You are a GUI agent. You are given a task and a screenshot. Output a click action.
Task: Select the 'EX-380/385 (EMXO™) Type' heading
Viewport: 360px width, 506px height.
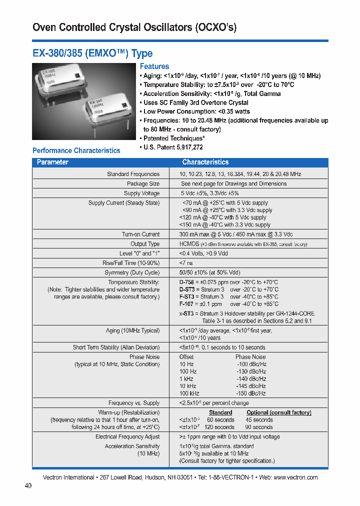92,53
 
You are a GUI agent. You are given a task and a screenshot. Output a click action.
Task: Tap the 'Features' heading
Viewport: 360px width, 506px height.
154,66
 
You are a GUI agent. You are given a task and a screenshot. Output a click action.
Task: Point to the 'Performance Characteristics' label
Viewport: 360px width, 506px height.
76,150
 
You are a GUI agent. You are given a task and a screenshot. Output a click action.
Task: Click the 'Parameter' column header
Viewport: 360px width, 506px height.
52,162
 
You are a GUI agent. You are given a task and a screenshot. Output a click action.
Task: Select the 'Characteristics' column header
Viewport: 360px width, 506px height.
205,162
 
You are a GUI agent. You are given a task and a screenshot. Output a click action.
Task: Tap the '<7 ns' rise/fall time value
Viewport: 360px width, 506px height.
185,263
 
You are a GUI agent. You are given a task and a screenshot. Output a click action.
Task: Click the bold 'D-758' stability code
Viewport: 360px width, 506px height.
187,282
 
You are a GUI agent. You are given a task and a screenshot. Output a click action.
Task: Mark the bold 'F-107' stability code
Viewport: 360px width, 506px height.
186,304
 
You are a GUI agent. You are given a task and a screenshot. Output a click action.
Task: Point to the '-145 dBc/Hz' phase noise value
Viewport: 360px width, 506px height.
251,386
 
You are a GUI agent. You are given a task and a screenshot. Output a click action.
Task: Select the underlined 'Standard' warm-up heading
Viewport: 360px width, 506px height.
220,412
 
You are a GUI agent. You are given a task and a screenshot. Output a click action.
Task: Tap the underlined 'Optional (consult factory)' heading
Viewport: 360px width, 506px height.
278,412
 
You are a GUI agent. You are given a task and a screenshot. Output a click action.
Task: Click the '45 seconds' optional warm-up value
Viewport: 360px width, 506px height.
259,420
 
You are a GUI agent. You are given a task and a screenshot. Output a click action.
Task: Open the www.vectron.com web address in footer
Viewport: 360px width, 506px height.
295,477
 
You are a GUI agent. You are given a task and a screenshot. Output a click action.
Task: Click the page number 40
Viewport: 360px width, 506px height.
28,486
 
